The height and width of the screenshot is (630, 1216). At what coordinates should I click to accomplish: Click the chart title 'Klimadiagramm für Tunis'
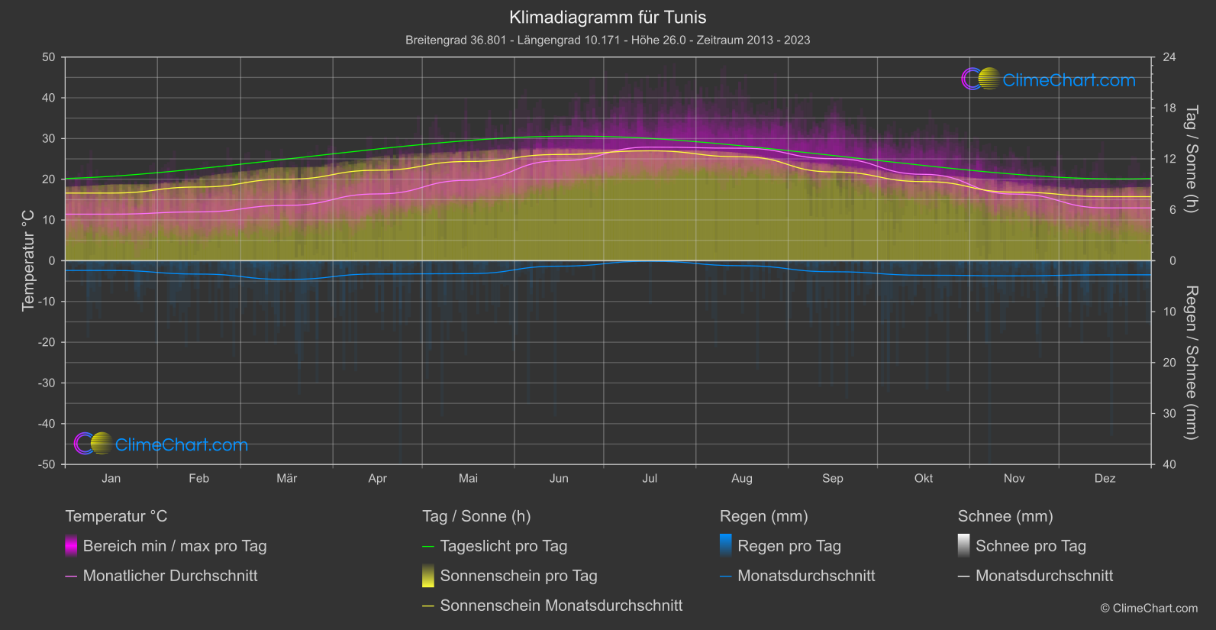point(608,18)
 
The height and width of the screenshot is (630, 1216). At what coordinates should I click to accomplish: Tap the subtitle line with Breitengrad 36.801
point(608,40)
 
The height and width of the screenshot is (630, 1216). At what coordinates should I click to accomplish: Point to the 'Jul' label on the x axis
point(650,479)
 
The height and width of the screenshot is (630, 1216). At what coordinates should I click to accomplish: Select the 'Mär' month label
point(286,479)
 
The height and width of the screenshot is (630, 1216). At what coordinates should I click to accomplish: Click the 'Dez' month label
point(1105,479)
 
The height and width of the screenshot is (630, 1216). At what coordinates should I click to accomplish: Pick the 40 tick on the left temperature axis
point(49,98)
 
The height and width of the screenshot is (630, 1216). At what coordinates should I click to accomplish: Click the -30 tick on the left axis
point(47,383)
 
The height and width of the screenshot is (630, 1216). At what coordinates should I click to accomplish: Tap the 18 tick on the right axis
point(1169,108)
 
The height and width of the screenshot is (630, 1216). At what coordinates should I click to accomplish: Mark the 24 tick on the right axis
point(1169,57)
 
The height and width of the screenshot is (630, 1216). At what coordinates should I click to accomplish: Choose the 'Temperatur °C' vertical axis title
point(28,260)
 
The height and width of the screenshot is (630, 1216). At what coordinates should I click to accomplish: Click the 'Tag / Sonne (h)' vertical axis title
point(1190,159)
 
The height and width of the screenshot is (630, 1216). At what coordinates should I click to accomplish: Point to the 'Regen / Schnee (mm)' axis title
point(1190,363)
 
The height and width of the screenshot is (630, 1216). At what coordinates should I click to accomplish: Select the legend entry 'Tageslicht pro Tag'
point(503,546)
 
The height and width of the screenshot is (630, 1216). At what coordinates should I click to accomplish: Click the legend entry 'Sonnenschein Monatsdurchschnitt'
point(561,606)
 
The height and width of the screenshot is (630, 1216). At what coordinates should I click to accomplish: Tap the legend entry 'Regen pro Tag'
point(789,546)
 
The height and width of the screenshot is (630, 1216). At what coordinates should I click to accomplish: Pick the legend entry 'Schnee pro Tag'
point(1030,546)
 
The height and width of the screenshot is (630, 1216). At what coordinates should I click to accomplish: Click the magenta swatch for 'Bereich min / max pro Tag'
point(71,546)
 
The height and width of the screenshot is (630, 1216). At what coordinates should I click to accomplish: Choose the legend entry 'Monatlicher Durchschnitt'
point(169,576)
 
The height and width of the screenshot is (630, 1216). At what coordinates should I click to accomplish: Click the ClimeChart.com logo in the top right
point(1048,79)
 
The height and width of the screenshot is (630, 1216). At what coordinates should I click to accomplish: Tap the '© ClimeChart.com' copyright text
point(1149,609)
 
